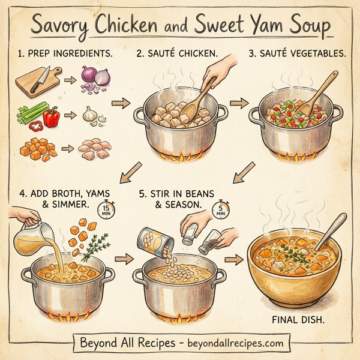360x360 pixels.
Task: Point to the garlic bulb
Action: pyautogui.click(x=89, y=113)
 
